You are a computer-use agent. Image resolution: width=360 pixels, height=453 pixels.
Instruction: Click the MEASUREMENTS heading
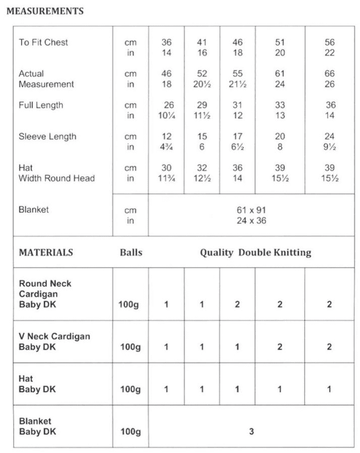[x=45, y=11]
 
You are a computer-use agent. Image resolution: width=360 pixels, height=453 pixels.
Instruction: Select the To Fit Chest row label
[x=43, y=42]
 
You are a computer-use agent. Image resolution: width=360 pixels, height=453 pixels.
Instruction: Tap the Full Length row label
[x=41, y=105]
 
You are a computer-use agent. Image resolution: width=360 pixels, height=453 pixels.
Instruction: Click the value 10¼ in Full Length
[x=166, y=116]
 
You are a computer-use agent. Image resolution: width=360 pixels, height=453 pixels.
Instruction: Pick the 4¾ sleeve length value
[x=166, y=147]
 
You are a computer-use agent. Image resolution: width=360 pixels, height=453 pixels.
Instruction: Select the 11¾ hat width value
[x=166, y=179]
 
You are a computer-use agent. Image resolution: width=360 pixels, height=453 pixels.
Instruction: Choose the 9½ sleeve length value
[x=329, y=147]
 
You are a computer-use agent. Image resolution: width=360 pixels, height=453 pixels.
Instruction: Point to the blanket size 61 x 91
[x=251, y=210]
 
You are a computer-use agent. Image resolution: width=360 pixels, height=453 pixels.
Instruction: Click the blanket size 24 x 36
[x=251, y=220]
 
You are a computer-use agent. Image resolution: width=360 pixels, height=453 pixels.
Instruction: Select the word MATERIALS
[x=46, y=252]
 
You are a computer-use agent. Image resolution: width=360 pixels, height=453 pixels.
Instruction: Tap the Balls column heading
[x=131, y=252]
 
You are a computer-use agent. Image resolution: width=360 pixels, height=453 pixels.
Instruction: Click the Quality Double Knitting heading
[x=255, y=252]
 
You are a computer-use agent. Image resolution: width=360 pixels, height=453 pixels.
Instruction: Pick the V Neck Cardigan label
[x=55, y=336]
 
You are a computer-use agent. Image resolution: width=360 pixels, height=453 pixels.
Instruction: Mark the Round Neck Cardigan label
[x=45, y=289]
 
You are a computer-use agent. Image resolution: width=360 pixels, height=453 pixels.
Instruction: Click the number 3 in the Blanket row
[x=251, y=431]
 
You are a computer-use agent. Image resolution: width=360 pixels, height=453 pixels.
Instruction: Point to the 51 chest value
[x=280, y=42]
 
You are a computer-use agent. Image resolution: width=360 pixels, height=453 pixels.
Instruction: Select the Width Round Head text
[x=57, y=179]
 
